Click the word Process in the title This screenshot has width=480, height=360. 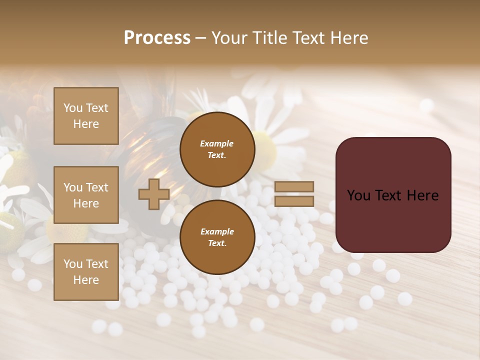click(x=157, y=38)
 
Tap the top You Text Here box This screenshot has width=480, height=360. click(x=86, y=116)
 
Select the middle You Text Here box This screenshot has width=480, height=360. click(x=86, y=195)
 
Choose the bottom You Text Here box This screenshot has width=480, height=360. click(x=86, y=271)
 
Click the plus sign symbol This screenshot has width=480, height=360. click(x=154, y=194)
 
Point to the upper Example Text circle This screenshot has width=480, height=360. click(x=217, y=149)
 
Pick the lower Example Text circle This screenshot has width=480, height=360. click(x=217, y=237)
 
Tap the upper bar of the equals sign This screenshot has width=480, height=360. click(x=294, y=187)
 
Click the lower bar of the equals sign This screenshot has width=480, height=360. click(x=294, y=201)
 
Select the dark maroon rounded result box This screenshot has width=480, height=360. click(x=393, y=220)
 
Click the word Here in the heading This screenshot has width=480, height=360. click(x=349, y=38)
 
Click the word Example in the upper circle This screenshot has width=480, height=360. click(x=217, y=143)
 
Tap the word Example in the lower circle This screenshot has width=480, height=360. click(x=217, y=231)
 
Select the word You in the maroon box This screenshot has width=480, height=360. click(x=358, y=195)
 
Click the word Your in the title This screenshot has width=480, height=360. click(x=228, y=38)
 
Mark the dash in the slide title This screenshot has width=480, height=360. click(x=200, y=38)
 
